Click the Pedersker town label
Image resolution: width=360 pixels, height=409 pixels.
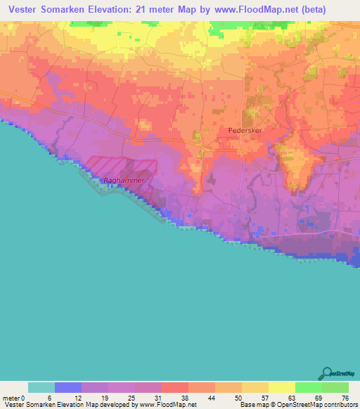245,130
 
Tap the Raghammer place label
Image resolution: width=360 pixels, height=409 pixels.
124,181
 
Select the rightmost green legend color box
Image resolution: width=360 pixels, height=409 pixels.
335,387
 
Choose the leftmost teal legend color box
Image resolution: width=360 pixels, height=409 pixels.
41,387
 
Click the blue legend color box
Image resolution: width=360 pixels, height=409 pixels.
68,387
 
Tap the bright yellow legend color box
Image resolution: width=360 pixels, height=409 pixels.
282,387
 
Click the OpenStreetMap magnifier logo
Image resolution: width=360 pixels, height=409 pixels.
326,372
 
